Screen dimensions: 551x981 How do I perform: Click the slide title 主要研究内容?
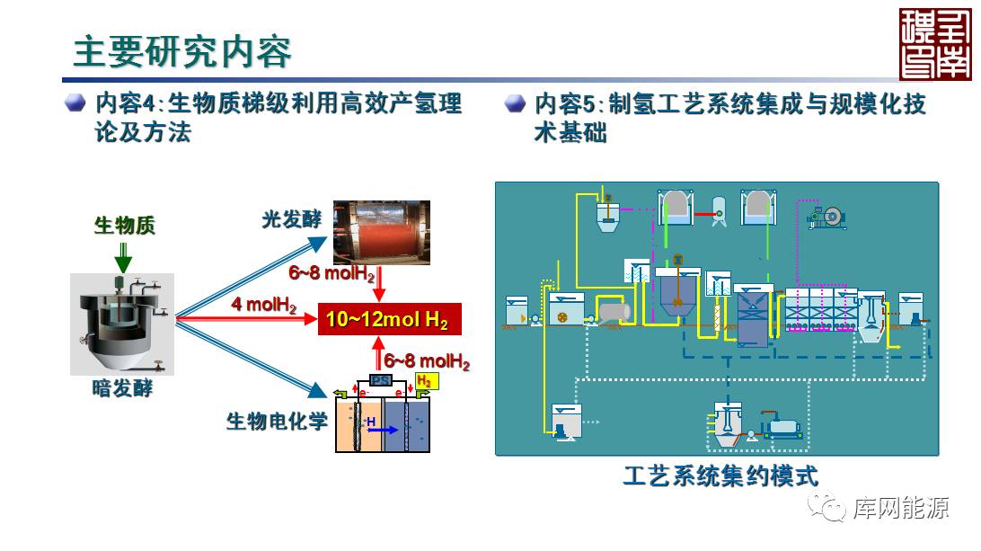(182, 52)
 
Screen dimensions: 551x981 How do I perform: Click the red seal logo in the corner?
(935, 44)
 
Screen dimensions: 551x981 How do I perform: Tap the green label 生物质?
(124, 225)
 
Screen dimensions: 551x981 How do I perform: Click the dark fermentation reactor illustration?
(122, 323)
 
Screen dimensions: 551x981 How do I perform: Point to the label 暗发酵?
(123, 388)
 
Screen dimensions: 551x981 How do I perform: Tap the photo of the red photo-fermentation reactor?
(381, 231)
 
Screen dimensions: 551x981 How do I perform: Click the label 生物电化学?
(277, 421)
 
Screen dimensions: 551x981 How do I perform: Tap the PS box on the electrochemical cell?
(381, 380)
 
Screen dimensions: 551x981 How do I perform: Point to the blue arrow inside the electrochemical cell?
(382, 430)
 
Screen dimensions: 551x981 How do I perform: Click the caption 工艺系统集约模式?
(720, 475)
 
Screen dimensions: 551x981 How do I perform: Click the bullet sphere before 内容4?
(75, 102)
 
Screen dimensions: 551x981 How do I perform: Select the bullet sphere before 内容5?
(515, 102)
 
